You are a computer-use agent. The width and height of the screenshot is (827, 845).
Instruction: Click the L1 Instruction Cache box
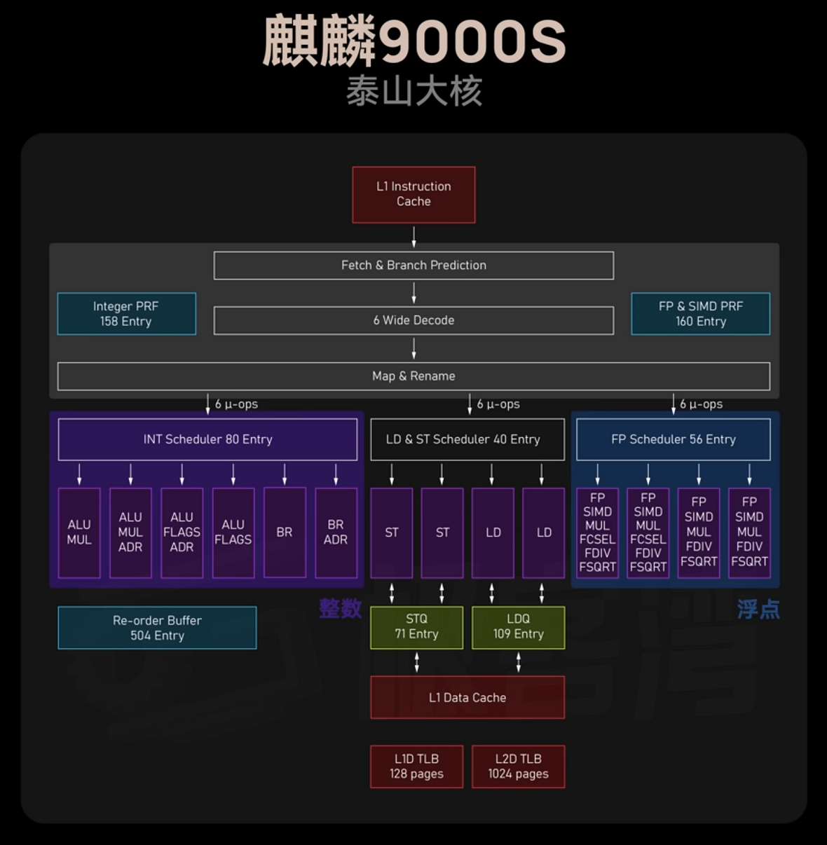pos(413,194)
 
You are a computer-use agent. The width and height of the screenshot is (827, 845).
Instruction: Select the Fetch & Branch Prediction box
pos(413,265)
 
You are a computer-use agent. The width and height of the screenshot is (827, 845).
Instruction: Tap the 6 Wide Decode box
pos(413,320)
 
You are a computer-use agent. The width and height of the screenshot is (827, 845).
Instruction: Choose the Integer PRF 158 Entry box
pos(126,313)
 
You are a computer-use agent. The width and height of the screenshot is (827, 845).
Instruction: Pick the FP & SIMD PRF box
pos(700,313)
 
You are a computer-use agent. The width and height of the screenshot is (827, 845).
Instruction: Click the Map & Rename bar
pos(413,376)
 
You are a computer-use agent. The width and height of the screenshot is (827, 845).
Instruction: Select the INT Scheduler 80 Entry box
pos(207,439)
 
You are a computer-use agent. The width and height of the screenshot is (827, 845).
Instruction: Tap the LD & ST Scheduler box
pos(467,439)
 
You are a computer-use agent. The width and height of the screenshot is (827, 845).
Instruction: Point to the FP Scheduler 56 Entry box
pos(673,439)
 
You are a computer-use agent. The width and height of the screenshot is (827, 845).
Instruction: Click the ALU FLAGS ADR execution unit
pos(182,533)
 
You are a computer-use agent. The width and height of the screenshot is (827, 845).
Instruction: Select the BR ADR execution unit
pos(336,533)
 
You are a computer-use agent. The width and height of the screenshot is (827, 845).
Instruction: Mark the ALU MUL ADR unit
pos(130,533)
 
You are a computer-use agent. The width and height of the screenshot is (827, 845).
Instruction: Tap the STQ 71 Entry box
pos(416,627)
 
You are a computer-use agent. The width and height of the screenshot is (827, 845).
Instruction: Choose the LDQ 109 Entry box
pos(518,627)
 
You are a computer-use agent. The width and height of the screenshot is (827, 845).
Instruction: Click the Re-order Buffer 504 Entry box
pos(157,628)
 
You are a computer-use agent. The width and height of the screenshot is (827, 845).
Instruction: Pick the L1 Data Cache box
pos(467,697)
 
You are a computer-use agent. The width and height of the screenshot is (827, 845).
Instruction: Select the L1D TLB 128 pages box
pos(416,767)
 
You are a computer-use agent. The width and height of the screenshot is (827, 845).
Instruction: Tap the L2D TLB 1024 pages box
pos(518,767)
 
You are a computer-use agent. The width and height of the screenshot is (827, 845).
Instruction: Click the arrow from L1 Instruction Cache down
pos(413,237)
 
